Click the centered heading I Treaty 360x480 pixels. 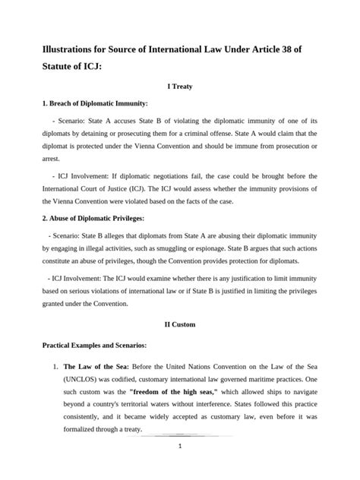click(180, 87)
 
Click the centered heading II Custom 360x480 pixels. click(180, 324)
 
